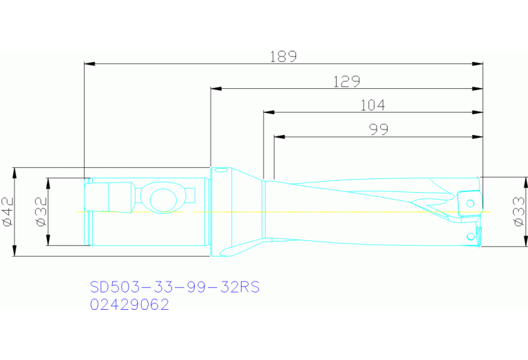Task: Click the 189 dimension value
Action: (x=283, y=56)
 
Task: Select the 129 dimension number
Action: (x=347, y=81)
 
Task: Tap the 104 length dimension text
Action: (x=372, y=105)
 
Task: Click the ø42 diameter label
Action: (x=8, y=212)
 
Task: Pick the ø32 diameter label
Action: (x=40, y=212)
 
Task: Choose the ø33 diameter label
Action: (x=518, y=212)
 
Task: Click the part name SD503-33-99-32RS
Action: (x=175, y=287)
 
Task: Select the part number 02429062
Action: (x=129, y=304)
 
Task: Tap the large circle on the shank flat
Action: (x=162, y=200)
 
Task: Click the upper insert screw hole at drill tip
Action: (x=470, y=203)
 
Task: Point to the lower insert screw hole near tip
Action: (x=471, y=236)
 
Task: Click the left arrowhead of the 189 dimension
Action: (x=87, y=64)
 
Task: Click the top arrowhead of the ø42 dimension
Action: (x=15, y=171)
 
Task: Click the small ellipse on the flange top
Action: (x=221, y=169)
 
